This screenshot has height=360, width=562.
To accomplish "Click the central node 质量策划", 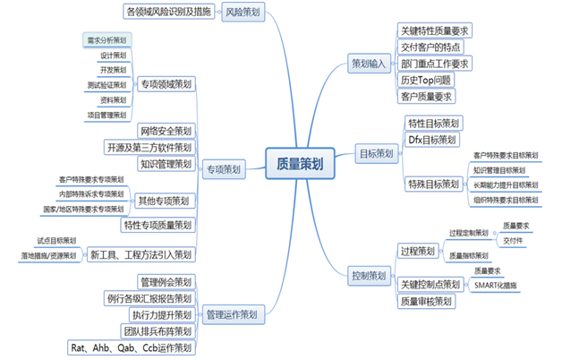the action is tap(300, 164).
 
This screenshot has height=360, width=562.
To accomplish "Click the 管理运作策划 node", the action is tap(232, 314).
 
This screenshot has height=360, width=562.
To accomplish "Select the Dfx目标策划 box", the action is tap(432, 140).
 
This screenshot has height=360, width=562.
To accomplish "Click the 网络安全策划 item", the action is tap(165, 131).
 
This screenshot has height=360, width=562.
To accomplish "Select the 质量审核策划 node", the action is tap(426, 301).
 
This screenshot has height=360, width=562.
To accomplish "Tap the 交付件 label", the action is tap(512, 240).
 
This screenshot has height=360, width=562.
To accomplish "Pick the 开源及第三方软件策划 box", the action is tap(149, 148).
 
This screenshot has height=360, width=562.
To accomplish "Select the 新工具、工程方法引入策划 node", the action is tap(141, 255).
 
